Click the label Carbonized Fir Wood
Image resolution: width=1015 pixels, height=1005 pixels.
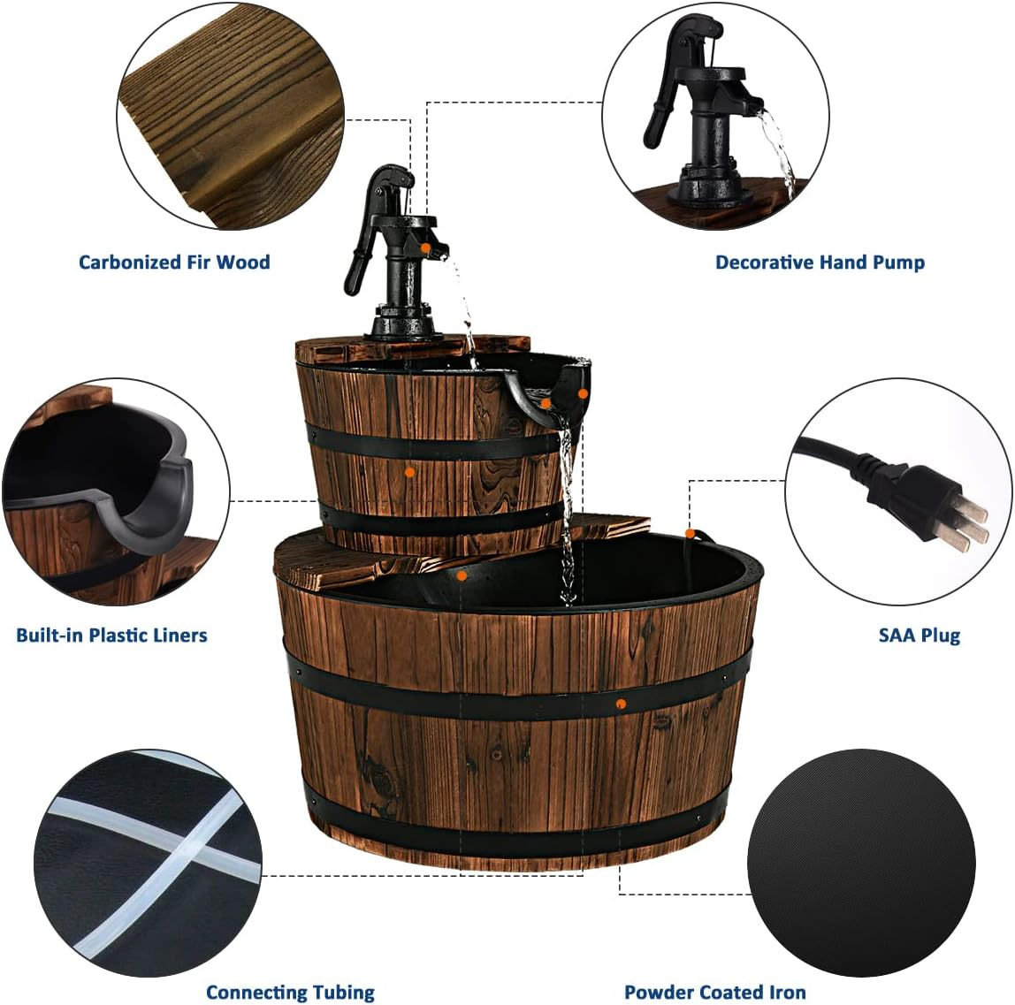[x=174, y=262]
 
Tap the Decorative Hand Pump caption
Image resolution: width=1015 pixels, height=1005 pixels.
[x=820, y=262]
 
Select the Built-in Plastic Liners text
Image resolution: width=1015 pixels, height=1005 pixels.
[x=111, y=635]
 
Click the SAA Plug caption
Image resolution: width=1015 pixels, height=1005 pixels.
[x=919, y=635]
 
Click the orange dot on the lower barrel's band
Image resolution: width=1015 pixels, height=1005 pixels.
[x=622, y=704]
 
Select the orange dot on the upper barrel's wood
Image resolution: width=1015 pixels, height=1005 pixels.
[x=410, y=473]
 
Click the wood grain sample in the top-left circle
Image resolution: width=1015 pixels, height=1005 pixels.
[x=230, y=115]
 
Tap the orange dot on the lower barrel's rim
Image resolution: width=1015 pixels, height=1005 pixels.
[x=689, y=533]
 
